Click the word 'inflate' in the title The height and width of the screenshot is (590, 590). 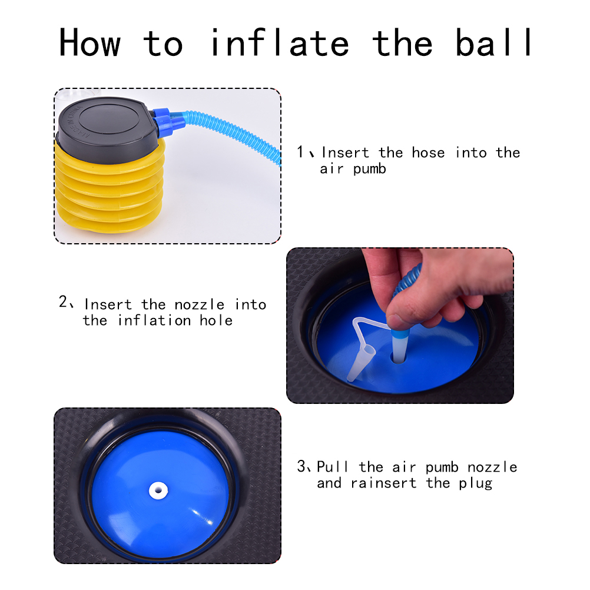(280, 42)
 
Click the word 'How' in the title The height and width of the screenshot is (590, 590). (90, 42)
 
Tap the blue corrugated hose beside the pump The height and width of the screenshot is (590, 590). (233, 132)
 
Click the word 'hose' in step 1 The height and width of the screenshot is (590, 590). (428, 153)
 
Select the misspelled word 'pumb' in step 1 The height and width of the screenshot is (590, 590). (370, 169)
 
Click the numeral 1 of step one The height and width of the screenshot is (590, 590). (300, 152)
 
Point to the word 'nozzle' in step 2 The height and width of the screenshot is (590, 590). (200, 304)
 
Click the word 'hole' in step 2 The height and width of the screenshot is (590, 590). (216, 320)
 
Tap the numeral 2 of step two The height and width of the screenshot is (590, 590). (63, 301)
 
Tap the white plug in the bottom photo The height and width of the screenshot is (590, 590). (158, 490)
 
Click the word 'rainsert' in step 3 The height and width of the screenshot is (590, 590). (383, 483)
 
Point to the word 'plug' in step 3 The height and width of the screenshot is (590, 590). (476, 483)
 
